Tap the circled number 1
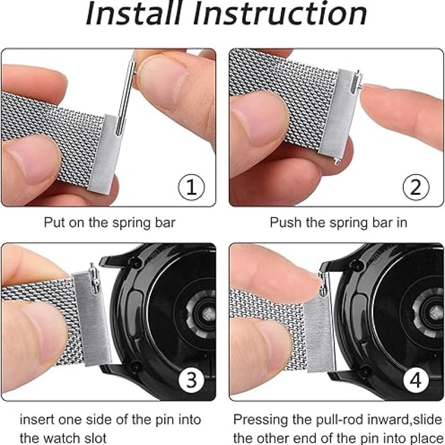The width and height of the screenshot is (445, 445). tap(191, 187)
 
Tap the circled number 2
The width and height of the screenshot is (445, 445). tap(416, 187)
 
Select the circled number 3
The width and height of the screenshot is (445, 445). tap(191, 381)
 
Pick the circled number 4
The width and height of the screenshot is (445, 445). tap(416, 381)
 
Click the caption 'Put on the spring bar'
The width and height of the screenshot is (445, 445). tap(110, 222)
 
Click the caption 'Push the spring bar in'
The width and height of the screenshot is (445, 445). tap(339, 222)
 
